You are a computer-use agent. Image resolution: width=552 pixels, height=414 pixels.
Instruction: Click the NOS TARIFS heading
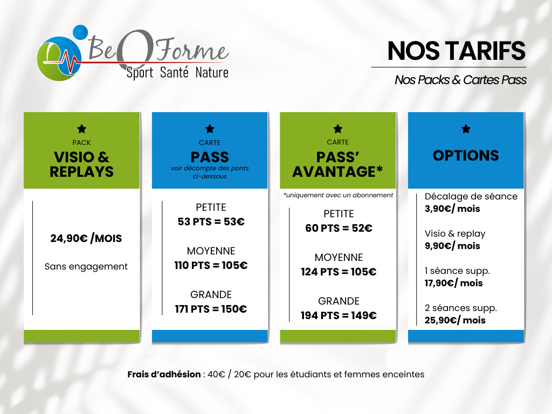(456, 51)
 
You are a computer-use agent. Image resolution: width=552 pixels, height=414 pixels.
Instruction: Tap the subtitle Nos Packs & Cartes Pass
(460, 80)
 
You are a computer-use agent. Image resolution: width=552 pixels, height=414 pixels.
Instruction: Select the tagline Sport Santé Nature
(177, 73)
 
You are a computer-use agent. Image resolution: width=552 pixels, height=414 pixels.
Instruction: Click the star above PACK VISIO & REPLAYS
(82, 129)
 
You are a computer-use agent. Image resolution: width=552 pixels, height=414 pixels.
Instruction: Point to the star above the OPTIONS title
(466, 129)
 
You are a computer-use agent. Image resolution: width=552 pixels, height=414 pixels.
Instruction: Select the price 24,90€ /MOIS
(86, 238)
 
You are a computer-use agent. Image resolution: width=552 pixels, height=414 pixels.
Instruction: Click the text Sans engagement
(86, 266)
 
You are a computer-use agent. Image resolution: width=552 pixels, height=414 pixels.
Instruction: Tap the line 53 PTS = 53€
(211, 222)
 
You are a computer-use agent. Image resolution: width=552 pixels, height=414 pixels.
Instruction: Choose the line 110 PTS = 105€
(211, 265)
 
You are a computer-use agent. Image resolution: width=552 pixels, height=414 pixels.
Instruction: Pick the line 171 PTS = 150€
(211, 309)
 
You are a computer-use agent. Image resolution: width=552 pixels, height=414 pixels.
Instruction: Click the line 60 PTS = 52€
(339, 228)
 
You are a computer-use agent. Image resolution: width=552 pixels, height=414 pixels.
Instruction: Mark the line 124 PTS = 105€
(339, 272)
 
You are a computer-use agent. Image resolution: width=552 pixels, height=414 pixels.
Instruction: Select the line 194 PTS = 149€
(339, 315)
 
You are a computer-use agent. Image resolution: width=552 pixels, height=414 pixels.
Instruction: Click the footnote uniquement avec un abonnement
(338, 195)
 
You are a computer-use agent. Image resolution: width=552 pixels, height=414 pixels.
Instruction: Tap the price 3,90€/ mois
(452, 209)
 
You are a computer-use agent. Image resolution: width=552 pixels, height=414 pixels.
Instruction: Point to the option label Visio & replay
(455, 234)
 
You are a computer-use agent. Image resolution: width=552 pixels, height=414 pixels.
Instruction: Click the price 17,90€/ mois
(453, 283)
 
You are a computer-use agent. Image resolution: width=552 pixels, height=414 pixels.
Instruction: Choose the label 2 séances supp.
(461, 308)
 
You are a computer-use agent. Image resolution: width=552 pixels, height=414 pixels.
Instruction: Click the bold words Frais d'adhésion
(164, 374)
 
